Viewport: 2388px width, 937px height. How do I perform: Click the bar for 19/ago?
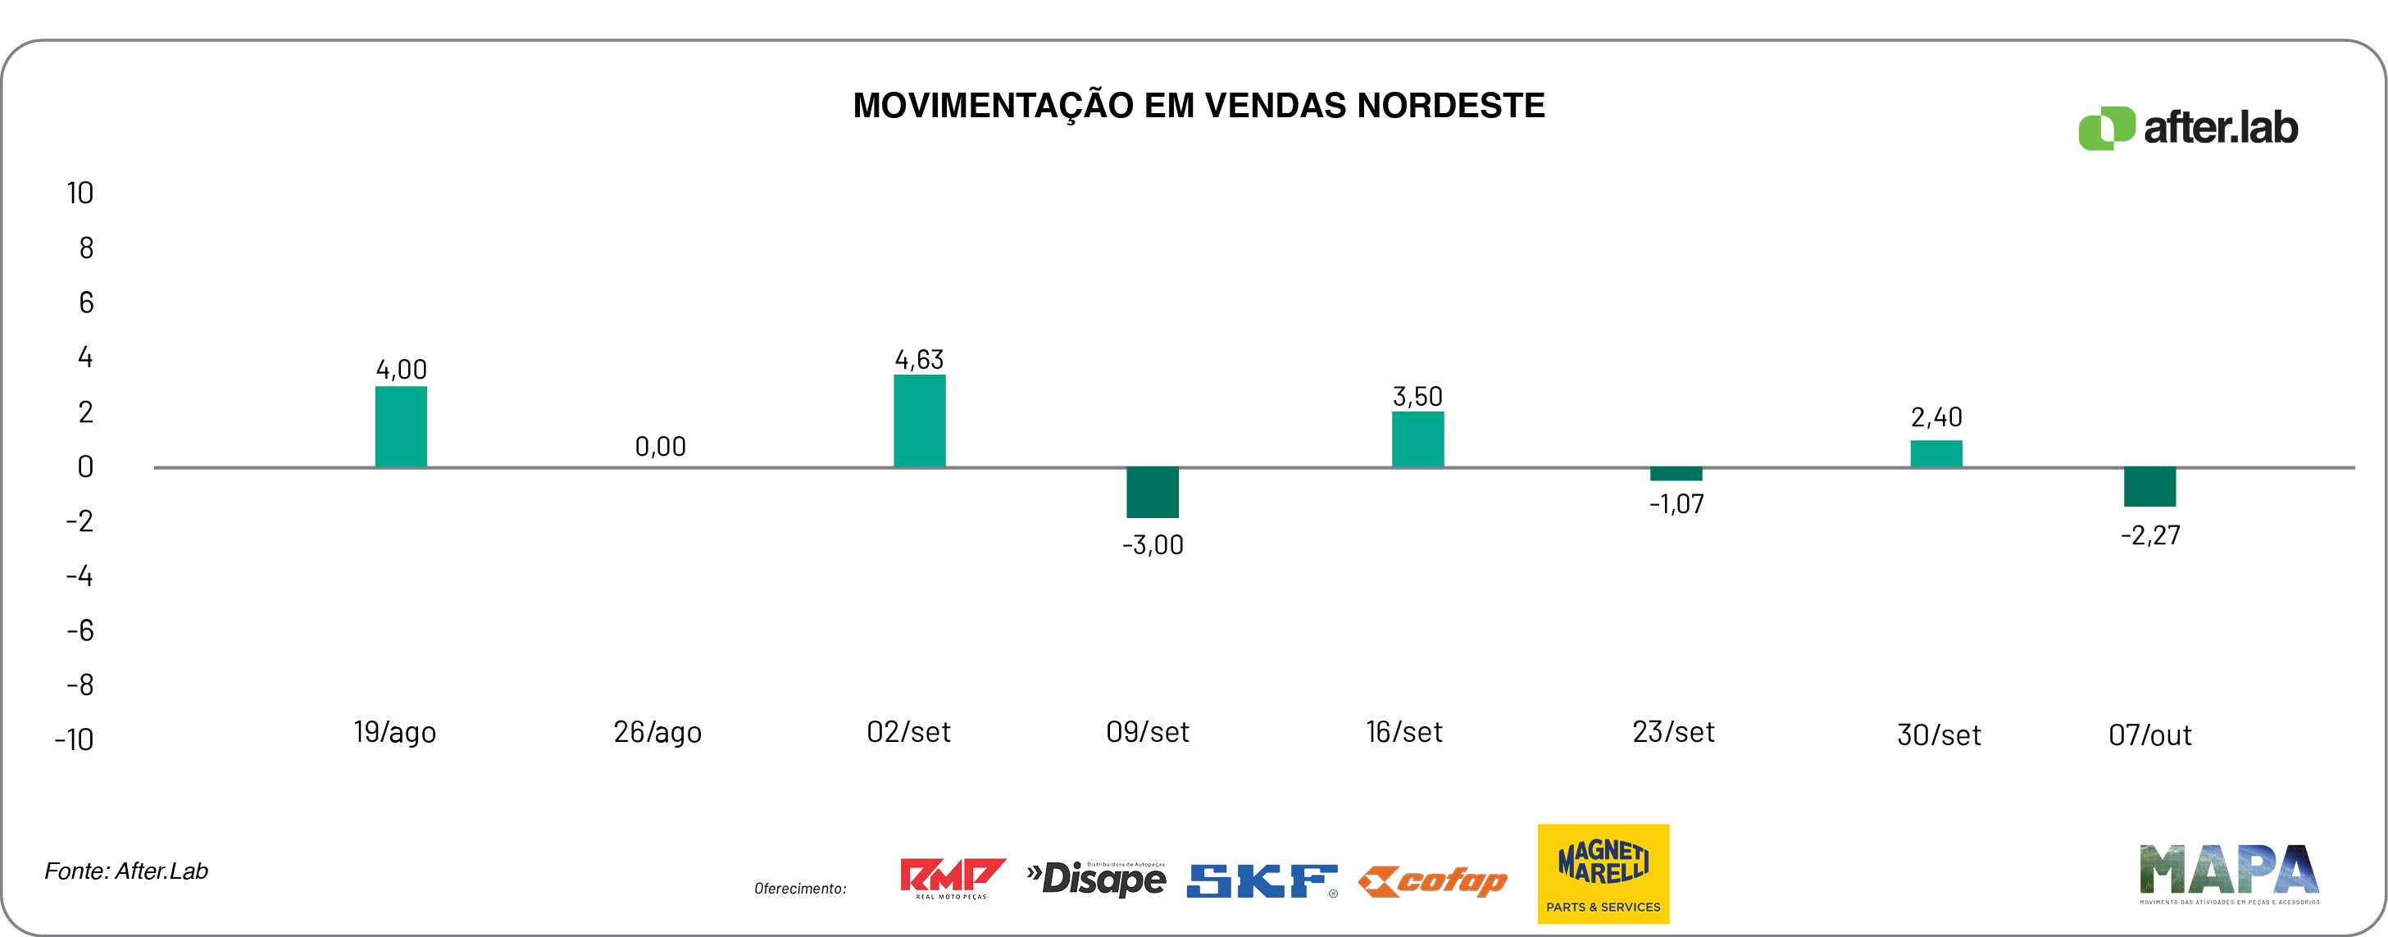tap(401, 426)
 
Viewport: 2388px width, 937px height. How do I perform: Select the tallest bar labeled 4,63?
tap(919, 421)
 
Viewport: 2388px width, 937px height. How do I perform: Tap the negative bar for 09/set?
tap(1153, 492)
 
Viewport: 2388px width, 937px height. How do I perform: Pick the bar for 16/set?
tap(1417, 439)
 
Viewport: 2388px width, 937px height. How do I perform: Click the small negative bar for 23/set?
tap(1676, 475)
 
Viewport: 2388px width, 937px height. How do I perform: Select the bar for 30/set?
tap(1935, 454)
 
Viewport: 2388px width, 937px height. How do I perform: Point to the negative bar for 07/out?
tap(2149, 487)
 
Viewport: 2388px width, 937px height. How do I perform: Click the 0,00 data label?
tap(660, 447)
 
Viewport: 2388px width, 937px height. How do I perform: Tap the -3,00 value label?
tap(1153, 545)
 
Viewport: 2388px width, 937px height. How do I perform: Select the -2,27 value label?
tap(2149, 535)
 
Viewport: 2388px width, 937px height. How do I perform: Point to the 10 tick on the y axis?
tap(80, 193)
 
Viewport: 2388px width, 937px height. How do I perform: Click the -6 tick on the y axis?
tap(80, 631)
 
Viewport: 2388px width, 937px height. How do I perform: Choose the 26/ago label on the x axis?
tap(657, 732)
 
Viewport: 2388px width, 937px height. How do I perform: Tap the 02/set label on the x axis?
tap(908, 732)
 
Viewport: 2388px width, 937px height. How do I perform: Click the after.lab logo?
tap(2188, 128)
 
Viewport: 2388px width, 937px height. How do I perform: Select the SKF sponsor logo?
tap(1262, 880)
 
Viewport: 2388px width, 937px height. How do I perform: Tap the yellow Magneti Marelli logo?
tap(1603, 873)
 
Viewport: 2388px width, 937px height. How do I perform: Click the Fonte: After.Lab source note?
tap(126, 871)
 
